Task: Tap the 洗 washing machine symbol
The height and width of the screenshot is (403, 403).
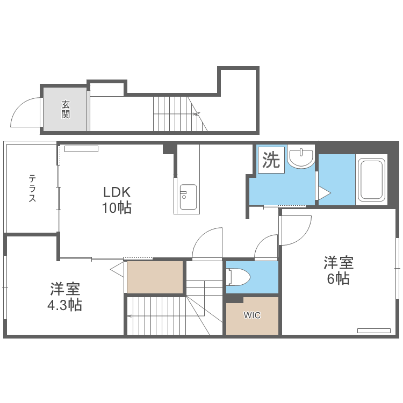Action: (x=271, y=160)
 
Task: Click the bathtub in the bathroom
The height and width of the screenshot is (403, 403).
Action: (x=372, y=179)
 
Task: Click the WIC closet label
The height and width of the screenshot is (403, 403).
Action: (x=252, y=315)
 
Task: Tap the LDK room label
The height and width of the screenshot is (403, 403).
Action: (x=117, y=192)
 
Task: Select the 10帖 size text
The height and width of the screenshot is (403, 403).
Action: (x=117, y=208)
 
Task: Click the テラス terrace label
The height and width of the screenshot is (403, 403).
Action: (x=32, y=188)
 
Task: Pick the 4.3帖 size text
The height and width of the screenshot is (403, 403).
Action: (x=66, y=305)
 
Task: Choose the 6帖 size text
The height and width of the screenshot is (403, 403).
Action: (x=339, y=279)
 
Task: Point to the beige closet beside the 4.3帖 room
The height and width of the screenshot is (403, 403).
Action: (x=155, y=277)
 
